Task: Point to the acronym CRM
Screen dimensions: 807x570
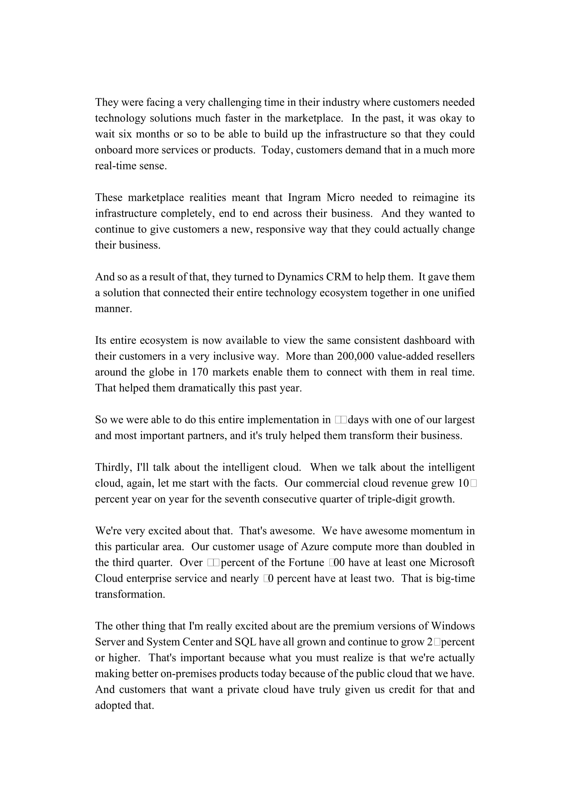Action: (x=339, y=277)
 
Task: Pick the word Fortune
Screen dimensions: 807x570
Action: (x=306, y=563)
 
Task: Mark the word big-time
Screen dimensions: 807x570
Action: (x=455, y=579)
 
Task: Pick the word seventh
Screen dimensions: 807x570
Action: (x=242, y=499)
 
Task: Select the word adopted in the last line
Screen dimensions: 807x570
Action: (x=113, y=706)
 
